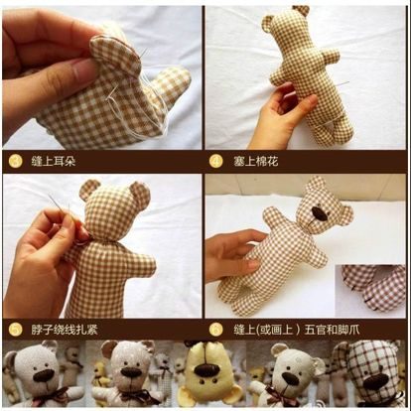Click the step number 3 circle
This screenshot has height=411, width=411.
16,162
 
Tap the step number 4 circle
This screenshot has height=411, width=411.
215,162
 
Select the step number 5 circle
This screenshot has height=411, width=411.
16,330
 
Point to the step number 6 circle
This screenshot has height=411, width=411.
215,330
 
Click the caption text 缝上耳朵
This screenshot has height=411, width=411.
54,162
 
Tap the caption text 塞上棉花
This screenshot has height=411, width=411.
256,162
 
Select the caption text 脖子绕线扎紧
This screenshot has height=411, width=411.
65,330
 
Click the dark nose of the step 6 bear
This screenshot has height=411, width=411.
321,213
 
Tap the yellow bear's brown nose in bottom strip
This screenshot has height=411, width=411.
206,369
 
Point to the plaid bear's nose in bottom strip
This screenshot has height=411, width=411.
376,381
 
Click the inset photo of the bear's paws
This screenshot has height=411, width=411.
370,291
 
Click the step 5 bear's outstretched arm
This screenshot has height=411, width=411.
143,265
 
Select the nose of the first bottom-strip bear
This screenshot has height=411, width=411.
45,374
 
